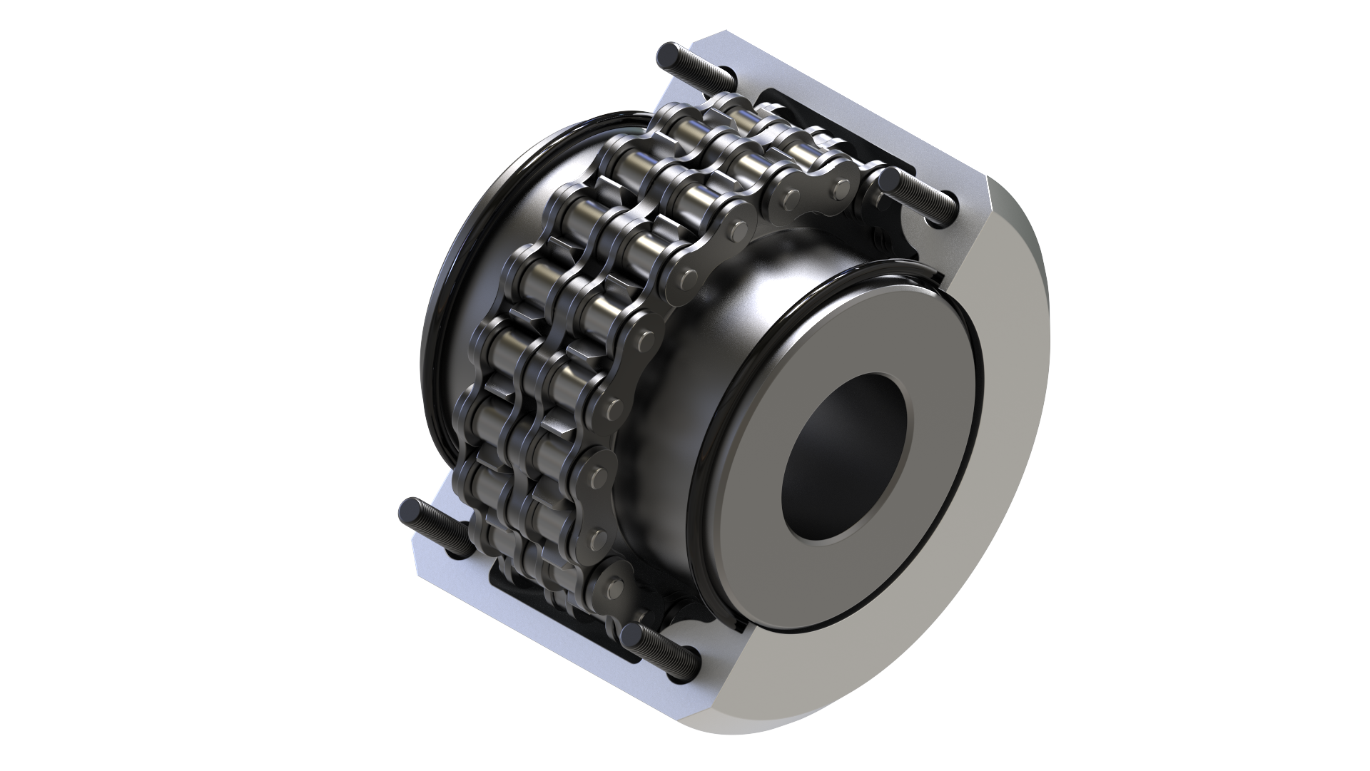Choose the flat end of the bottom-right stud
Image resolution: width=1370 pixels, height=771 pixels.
(x=631, y=635)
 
